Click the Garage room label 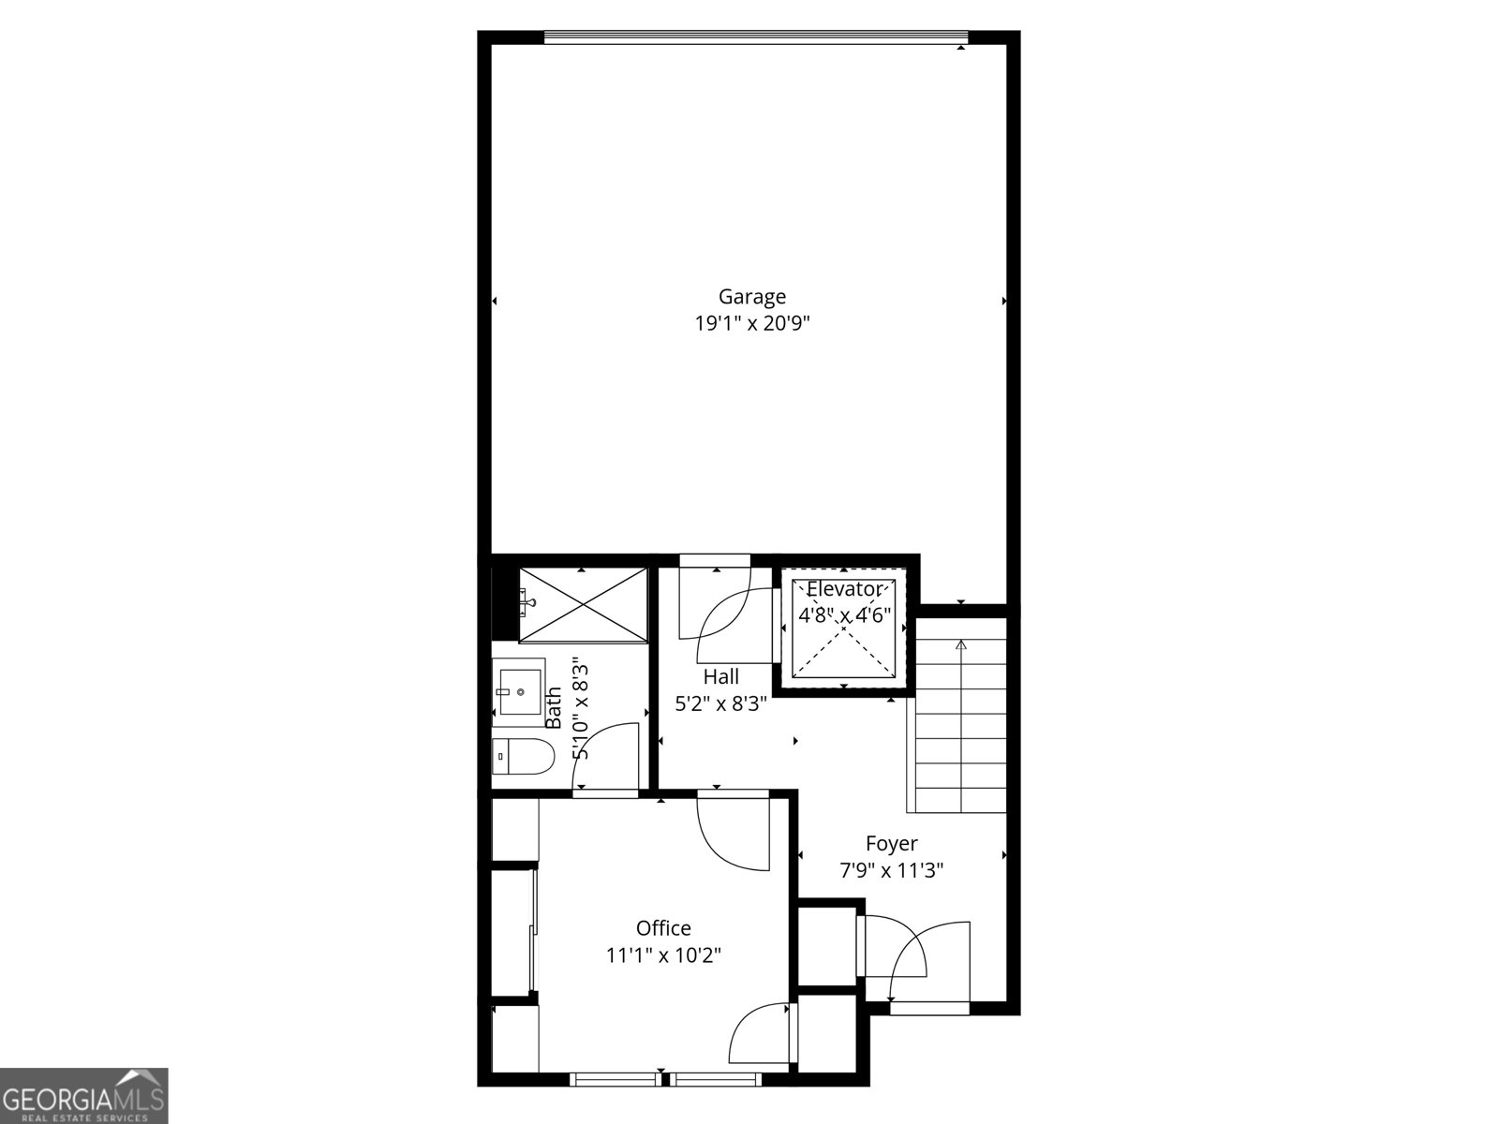751,297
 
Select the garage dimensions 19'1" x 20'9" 751,322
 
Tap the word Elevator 844,588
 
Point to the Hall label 720,676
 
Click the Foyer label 891,844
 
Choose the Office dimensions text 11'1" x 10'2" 663,955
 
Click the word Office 663,927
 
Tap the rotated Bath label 553,707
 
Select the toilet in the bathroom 523,757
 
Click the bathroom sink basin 520,691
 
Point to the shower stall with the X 583,605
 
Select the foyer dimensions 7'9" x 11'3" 891,871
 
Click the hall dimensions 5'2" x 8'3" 720,703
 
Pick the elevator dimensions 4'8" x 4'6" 845,616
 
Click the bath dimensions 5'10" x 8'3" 580,709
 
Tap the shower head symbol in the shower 529,602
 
